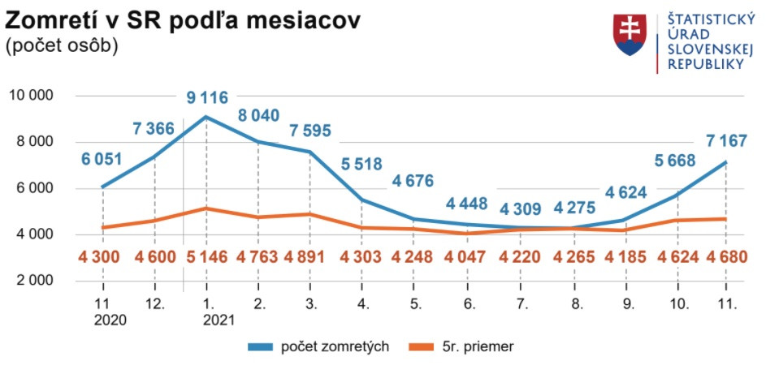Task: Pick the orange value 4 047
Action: click(468, 257)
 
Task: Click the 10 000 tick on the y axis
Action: click(31, 96)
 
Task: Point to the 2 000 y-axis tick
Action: click(31, 281)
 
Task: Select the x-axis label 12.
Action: click(154, 304)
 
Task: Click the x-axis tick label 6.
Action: click(469, 304)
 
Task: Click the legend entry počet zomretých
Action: click(335, 346)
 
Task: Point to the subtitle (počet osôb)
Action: click(62, 46)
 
